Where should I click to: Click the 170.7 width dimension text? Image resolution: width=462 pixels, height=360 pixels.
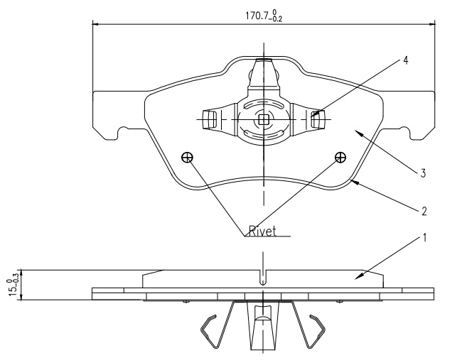point(264,16)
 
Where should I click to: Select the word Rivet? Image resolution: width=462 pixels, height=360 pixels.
point(263,231)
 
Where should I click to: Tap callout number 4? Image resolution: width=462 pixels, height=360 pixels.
point(406,60)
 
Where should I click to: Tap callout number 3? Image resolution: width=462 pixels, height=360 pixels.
point(423,173)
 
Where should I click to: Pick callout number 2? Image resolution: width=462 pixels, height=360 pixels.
point(424,211)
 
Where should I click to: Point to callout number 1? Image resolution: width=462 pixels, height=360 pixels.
point(424,238)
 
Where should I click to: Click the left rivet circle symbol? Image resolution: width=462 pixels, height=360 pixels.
point(188,158)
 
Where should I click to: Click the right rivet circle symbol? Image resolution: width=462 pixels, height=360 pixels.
point(340,157)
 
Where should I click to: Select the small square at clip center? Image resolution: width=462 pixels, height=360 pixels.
point(263,119)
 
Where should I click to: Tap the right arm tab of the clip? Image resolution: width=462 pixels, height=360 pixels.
point(318,119)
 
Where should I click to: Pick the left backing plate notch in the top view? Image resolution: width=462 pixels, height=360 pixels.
point(123,133)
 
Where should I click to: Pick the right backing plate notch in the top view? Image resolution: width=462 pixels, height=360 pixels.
point(405,133)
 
